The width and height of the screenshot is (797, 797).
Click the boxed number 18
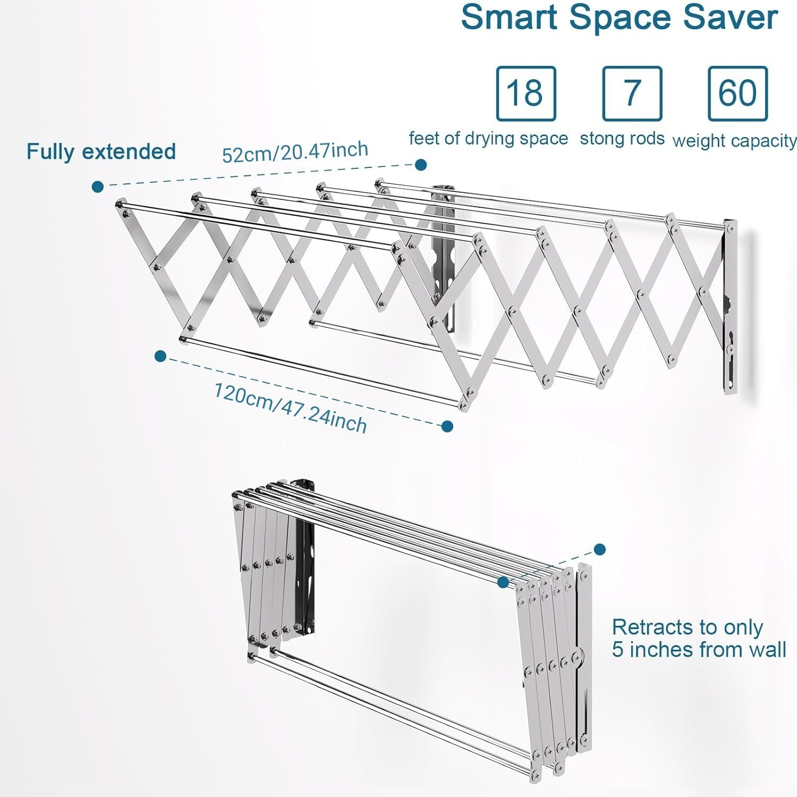pos(525,94)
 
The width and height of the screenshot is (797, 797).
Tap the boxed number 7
pos(632,94)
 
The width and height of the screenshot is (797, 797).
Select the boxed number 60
pos(737,94)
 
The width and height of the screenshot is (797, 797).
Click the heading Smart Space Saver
pos(619,18)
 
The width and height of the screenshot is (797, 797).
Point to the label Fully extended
pos(101,152)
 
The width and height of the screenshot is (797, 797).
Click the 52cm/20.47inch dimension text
pos(295,152)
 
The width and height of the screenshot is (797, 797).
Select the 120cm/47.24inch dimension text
pos(290,408)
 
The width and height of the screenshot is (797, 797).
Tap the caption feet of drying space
pos(488,139)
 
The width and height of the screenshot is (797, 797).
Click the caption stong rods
pos(622,139)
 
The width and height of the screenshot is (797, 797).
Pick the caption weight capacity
pos(734,141)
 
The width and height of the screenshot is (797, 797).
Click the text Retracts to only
pos(688,628)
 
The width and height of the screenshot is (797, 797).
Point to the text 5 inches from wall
pos(699,650)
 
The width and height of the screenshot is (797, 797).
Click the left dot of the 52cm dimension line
pos(98,186)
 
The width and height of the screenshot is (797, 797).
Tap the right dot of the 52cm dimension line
pos(421,165)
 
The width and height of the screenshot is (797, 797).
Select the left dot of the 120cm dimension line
pos(160,356)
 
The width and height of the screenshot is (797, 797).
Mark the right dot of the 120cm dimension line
pos(447,426)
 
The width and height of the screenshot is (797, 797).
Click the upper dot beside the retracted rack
pos(600,549)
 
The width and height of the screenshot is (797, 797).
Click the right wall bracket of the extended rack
pos(730,308)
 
